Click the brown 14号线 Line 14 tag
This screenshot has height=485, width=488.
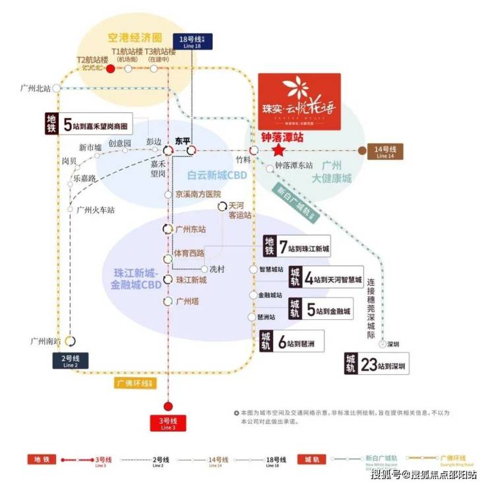(x=384, y=152)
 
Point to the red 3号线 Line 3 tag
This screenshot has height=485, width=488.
(x=168, y=424)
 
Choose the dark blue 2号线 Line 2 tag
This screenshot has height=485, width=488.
(x=71, y=360)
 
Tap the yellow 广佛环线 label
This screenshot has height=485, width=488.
(x=134, y=383)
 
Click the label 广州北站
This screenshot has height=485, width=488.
(x=36, y=88)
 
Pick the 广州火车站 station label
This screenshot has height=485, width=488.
(x=95, y=210)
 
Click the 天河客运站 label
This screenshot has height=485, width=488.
(x=239, y=211)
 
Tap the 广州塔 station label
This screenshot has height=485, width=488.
(x=187, y=301)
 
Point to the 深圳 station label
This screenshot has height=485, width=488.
(x=394, y=344)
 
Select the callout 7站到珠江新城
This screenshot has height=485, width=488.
(x=296, y=247)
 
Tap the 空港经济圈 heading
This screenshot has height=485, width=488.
(x=135, y=38)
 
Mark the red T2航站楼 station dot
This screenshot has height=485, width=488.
(x=111, y=68)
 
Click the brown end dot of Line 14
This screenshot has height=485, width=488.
(x=362, y=150)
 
